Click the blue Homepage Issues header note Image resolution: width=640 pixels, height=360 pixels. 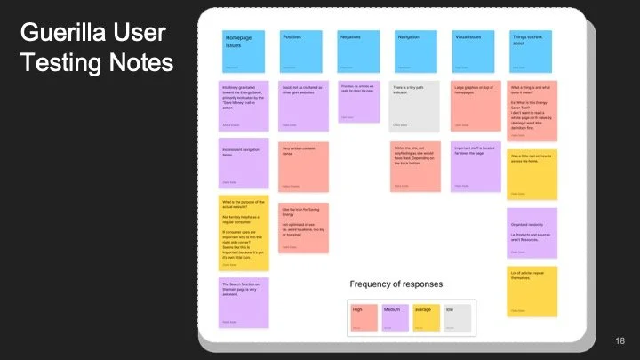pyautogui.click(x=243, y=52)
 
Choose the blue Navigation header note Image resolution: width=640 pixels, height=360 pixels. pyautogui.click(x=416, y=52)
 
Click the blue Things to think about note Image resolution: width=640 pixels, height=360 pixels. pyautogui.click(x=532, y=52)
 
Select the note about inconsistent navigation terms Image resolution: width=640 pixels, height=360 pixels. pyautogui.click(x=243, y=162)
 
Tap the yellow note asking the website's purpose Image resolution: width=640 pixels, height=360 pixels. pyautogui.click(x=243, y=233)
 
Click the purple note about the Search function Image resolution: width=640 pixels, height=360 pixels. pyautogui.click(x=243, y=301)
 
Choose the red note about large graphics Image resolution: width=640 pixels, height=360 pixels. pyautogui.click(x=476, y=106)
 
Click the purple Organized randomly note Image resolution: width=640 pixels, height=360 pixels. pyautogui.click(x=532, y=233)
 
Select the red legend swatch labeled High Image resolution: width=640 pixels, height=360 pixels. pyautogui.click(x=364, y=317)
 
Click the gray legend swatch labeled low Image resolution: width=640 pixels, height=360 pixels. pyautogui.click(x=458, y=317)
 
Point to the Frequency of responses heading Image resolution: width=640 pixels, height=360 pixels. pyautogui.click(x=396, y=284)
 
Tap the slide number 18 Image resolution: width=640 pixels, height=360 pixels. pyautogui.click(x=620, y=341)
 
